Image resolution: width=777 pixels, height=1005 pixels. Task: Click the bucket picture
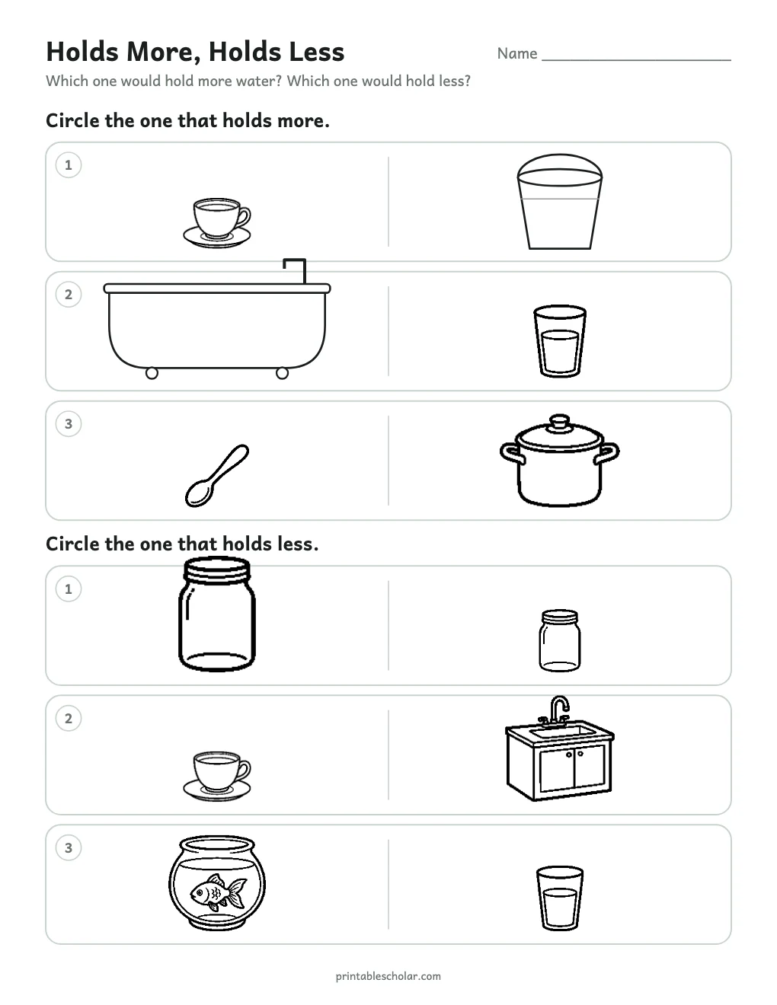coord(559,202)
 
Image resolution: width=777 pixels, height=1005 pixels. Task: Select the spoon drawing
coord(216,476)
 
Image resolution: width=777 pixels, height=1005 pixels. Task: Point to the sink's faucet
coord(558,710)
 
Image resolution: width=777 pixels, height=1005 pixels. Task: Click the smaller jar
coord(559,640)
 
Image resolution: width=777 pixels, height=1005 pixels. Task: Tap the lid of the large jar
coord(217,569)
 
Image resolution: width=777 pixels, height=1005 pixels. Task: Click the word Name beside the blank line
coord(517,53)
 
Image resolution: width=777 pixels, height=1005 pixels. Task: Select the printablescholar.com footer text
coord(388,976)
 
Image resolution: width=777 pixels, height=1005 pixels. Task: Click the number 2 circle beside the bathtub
coord(69,295)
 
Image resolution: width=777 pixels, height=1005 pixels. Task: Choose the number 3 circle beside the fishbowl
coord(69,847)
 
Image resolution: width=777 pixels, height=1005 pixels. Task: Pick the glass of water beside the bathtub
coord(559,341)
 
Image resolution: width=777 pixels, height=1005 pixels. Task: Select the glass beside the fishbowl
coord(559,898)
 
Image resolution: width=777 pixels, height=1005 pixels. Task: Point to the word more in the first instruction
coord(302,121)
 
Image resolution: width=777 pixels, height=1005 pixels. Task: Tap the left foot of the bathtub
coord(152,373)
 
